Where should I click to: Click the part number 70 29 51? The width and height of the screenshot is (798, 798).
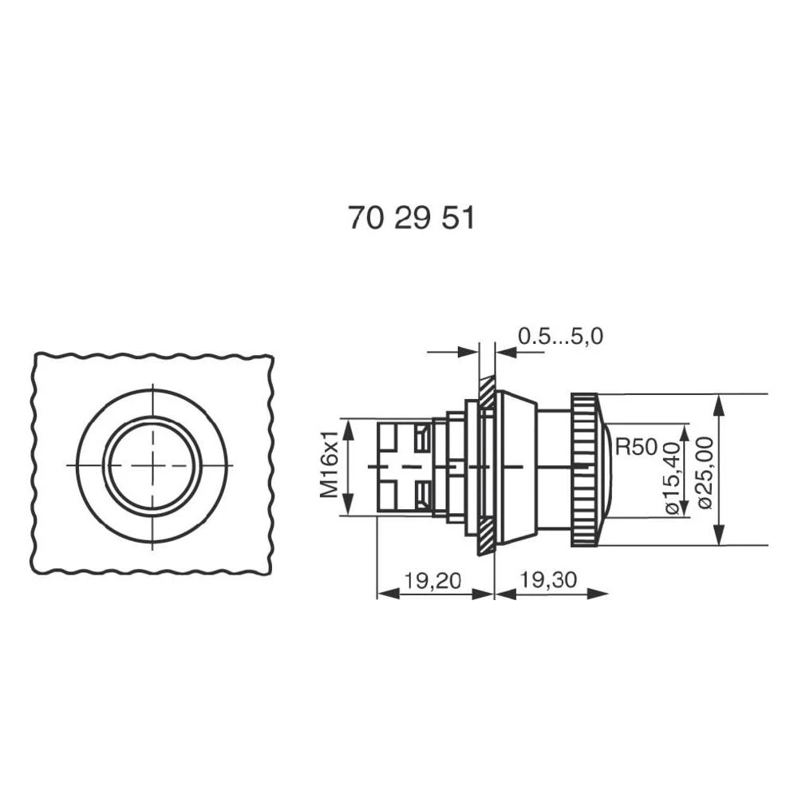click(411, 218)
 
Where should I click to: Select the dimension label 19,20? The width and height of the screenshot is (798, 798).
click(432, 581)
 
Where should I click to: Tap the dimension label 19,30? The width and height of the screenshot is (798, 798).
click(549, 581)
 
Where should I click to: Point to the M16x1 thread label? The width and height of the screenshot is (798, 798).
click(329, 466)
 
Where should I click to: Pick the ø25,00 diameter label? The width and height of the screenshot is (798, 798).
click(705, 471)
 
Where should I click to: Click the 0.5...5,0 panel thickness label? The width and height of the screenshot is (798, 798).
click(560, 337)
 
